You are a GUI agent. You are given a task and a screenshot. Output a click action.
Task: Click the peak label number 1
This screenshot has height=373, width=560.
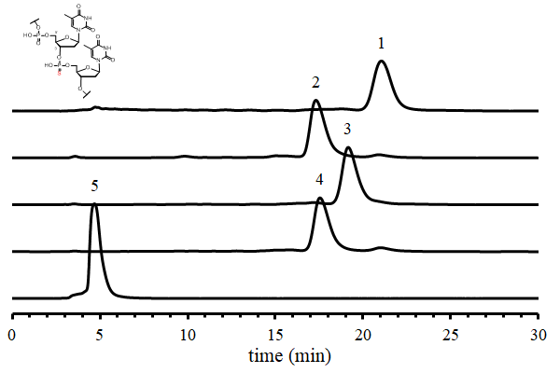381,43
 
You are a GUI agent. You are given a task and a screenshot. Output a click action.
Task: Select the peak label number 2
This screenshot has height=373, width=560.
316,83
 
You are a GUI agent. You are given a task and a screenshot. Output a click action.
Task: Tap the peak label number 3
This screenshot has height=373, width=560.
347,128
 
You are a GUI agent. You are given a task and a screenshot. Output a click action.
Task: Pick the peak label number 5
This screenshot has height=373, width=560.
94,186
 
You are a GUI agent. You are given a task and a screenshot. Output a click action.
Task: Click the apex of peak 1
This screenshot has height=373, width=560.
381,62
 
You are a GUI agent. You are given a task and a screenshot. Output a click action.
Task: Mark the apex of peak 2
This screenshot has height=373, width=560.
316,101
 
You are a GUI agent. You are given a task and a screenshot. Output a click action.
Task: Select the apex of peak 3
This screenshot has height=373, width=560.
348,147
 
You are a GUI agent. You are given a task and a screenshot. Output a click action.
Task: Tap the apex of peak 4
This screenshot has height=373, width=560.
320,198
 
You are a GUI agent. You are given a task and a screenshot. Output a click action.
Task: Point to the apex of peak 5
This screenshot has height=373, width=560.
94,205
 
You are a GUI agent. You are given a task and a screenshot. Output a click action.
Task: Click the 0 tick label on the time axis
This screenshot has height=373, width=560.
11,333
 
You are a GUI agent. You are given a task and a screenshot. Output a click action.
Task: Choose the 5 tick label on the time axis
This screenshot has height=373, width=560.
99,333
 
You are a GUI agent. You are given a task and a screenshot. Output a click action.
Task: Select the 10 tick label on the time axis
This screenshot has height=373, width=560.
187,333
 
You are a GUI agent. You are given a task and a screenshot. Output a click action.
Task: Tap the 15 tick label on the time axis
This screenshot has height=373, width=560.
274,333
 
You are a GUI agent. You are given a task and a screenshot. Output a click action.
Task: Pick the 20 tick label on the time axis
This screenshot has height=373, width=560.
362,333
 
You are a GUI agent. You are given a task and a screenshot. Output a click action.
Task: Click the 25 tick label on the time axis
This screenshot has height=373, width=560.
450,333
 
